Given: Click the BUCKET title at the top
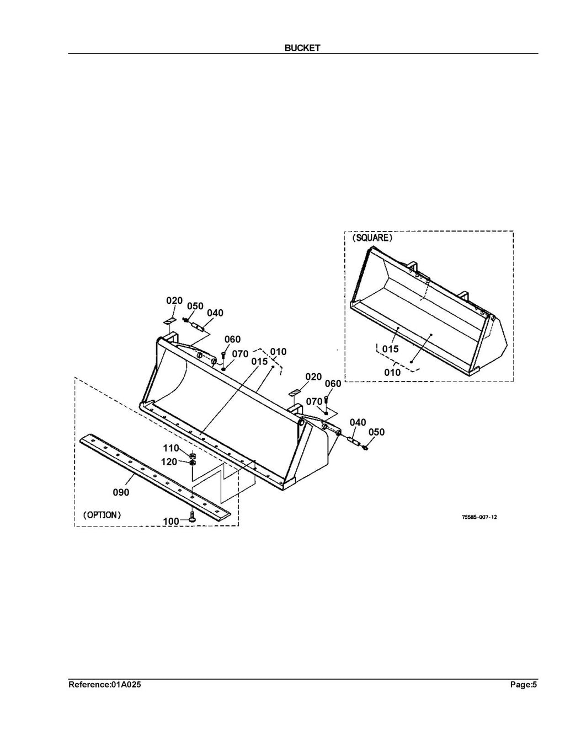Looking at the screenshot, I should click(x=302, y=48).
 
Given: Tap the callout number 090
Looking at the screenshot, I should click(x=121, y=492).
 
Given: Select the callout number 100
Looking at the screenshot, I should click(x=171, y=521).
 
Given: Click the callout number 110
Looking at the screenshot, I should click(x=170, y=448).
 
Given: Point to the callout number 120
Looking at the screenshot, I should click(x=169, y=461).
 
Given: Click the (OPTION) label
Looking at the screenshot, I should click(x=102, y=515).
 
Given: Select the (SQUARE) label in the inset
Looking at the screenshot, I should click(x=372, y=238).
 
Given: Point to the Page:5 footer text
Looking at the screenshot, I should click(x=523, y=685).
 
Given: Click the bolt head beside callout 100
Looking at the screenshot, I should click(x=192, y=517).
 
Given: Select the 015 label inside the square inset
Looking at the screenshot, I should click(x=390, y=350).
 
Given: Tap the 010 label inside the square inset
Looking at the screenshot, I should click(x=392, y=373).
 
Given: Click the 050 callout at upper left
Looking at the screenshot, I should click(x=195, y=306).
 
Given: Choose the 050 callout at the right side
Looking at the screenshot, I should click(x=376, y=432).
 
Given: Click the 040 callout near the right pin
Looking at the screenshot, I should click(x=358, y=422).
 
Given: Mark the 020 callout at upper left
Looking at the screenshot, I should click(x=174, y=300).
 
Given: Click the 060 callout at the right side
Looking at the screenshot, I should click(x=333, y=384).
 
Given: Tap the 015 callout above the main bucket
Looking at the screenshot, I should click(x=259, y=361).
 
